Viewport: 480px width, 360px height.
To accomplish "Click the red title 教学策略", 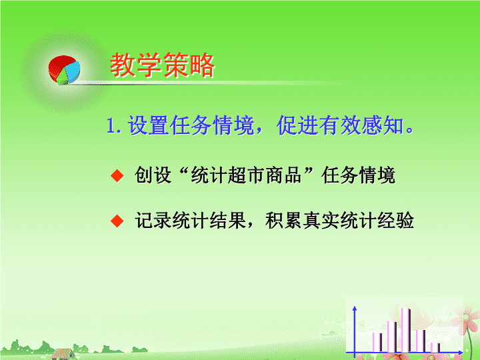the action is click(x=162, y=65).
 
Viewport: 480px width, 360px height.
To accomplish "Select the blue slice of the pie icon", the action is click(x=73, y=71).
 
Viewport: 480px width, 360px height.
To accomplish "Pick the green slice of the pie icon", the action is click(x=63, y=78).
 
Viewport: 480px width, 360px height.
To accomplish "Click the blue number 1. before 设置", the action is click(x=113, y=126).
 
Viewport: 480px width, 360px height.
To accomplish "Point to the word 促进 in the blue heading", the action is click(x=297, y=125).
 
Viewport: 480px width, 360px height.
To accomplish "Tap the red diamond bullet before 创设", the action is click(x=117, y=176).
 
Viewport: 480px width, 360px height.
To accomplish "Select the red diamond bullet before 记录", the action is click(x=117, y=221).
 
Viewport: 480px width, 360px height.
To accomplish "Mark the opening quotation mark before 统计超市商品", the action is click(x=184, y=171).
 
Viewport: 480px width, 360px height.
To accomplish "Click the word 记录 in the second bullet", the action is click(x=153, y=220).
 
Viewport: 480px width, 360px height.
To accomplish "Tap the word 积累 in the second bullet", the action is click(x=284, y=220).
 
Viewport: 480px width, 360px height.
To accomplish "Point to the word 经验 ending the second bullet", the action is click(x=396, y=220).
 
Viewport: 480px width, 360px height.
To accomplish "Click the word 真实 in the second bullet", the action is click(x=321, y=220).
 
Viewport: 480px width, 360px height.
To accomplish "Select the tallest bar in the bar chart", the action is click(x=406, y=330).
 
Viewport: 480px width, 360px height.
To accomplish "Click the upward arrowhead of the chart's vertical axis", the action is click(x=355, y=308).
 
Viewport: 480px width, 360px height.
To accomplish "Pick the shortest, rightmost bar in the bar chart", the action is click(x=435, y=347).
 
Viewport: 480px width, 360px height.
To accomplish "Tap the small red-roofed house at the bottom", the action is click(x=63, y=354).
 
